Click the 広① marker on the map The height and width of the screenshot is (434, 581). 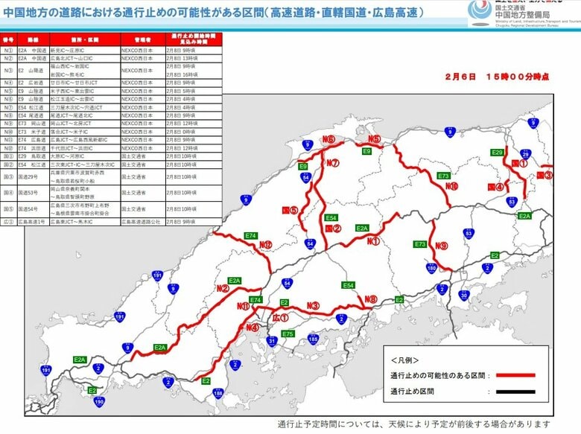point(280,318)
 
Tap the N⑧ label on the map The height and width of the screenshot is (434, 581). point(370,299)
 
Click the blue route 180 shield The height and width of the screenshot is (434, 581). point(431,267)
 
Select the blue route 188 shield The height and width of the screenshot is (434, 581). point(218,393)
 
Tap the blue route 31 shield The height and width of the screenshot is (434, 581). point(271,341)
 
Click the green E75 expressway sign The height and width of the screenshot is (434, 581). point(288,334)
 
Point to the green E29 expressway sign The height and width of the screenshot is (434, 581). point(498,152)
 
